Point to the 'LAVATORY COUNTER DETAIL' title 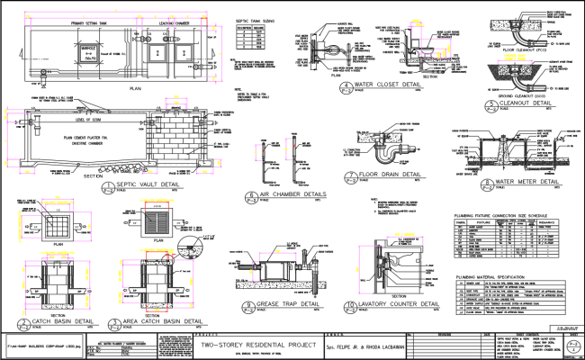tap(400, 306)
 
